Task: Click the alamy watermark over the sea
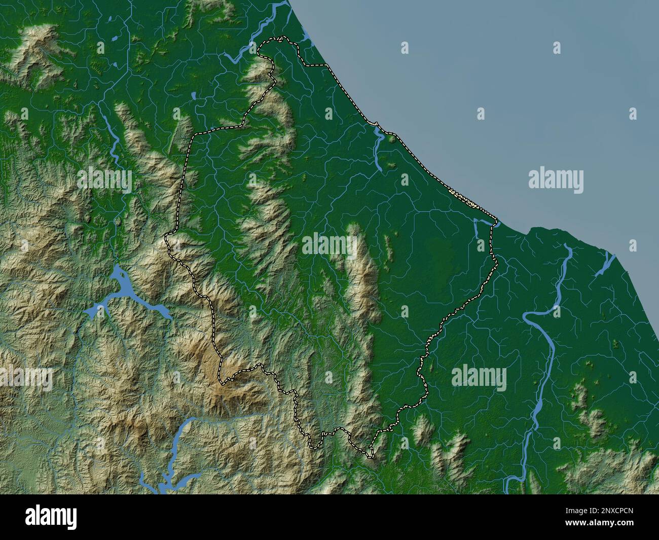(556, 180)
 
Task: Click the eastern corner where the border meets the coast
(495, 222)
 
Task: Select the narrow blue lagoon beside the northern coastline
(379, 147)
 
